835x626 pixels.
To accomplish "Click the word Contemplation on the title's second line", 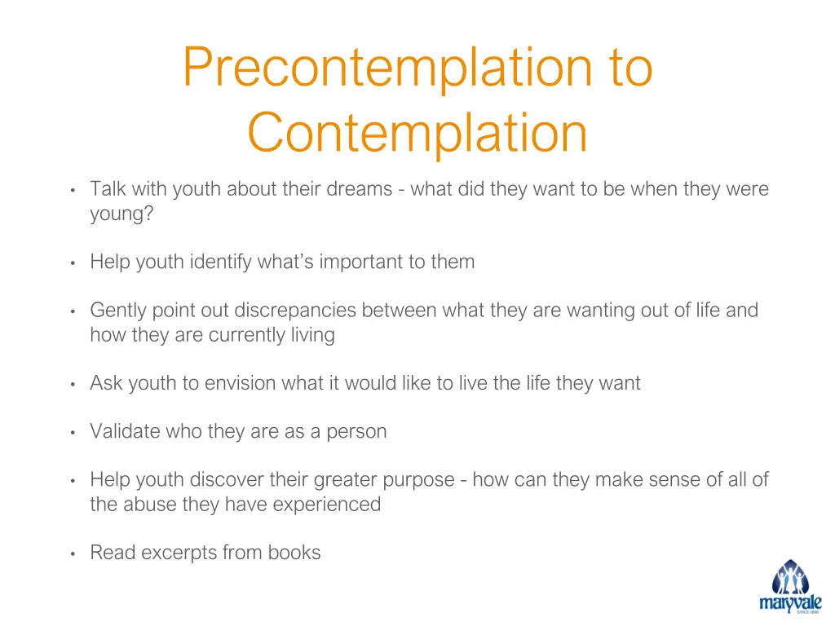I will click(x=417, y=133).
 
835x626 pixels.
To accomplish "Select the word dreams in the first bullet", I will click(x=360, y=189).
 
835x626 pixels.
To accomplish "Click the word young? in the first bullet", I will click(x=122, y=214).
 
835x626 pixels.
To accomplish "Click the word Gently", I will click(x=119, y=311).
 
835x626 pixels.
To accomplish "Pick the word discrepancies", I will click(x=296, y=311).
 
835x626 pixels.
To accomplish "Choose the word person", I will click(x=356, y=431).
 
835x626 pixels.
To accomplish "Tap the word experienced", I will click(x=326, y=505).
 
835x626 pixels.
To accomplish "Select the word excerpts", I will click(x=176, y=553).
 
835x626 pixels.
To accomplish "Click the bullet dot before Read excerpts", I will click(x=73, y=553).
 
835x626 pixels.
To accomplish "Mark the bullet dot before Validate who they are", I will click(x=73, y=432).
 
